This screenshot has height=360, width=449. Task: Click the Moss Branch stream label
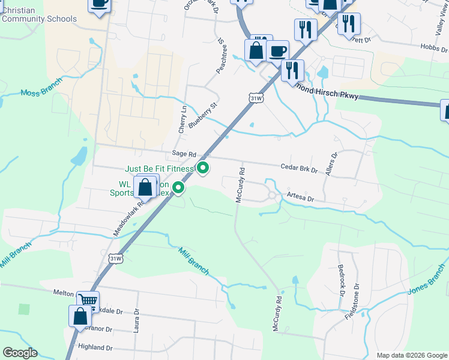click(x=42, y=88)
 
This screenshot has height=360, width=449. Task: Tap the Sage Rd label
click(x=184, y=154)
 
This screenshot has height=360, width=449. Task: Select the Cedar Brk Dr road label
click(x=298, y=169)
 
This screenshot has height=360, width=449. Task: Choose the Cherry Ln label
click(x=183, y=120)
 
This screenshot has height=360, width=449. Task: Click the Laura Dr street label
click(x=136, y=320)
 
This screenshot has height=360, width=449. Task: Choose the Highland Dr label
click(x=95, y=347)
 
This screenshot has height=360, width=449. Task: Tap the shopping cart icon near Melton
click(x=88, y=299)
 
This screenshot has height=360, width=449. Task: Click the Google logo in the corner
click(x=20, y=353)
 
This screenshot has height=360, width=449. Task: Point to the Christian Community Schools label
click(x=39, y=14)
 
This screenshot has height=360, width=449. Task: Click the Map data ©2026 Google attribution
click(x=411, y=355)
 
